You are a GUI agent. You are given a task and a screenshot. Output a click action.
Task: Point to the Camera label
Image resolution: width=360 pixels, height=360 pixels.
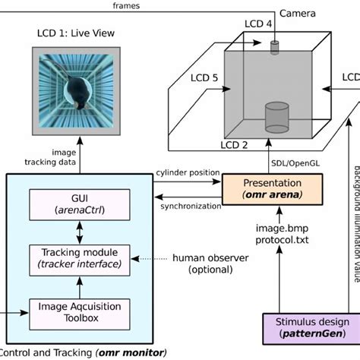[x=298, y=14]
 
